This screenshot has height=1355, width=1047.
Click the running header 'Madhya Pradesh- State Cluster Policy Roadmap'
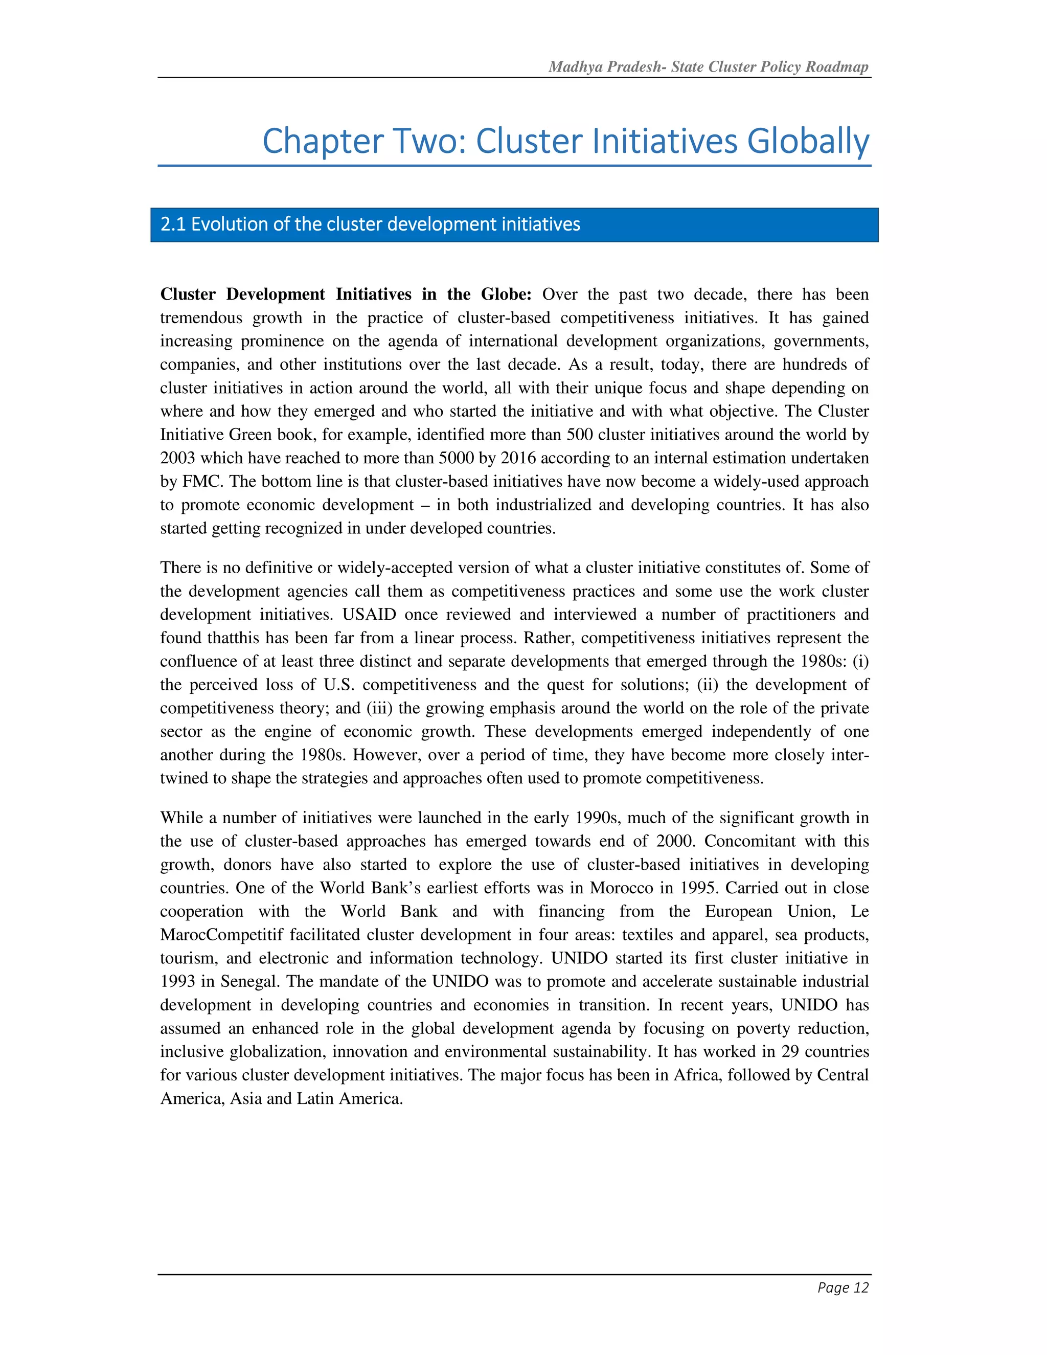point(709,67)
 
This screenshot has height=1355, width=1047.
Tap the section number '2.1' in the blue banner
point(173,224)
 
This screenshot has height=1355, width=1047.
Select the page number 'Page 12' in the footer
point(843,1288)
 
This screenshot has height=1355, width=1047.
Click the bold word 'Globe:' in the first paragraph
point(506,295)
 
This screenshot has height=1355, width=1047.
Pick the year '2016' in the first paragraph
point(518,459)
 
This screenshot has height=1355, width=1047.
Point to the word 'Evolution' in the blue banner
point(226,224)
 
